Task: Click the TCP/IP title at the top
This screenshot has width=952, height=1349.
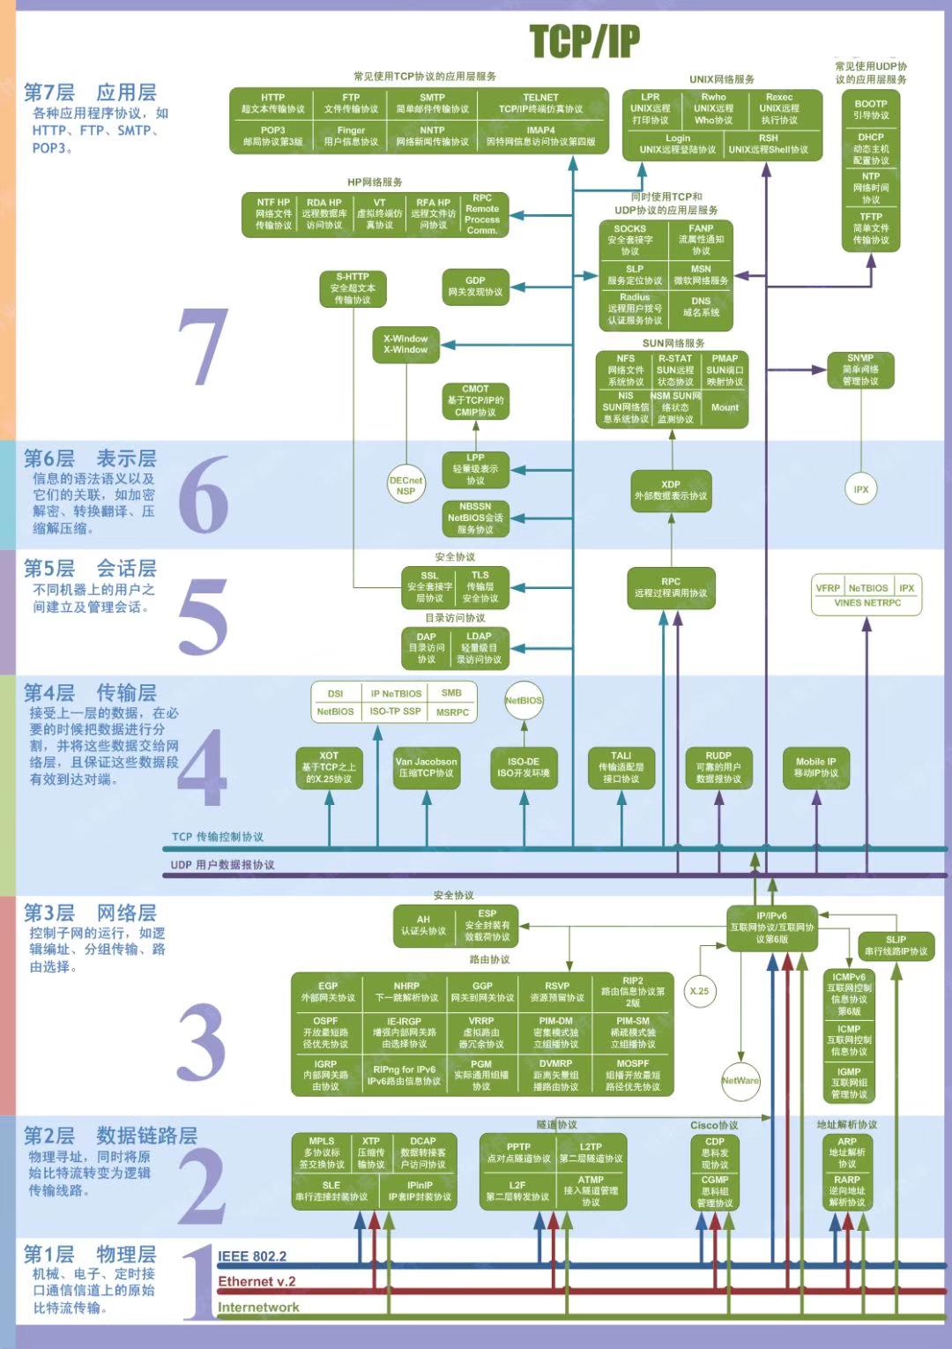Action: pyautogui.click(x=584, y=41)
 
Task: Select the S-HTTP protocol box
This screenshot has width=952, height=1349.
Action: pyautogui.click(x=352, y=288)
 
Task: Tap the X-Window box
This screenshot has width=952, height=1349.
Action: pyautogui.click(x=405, y=344)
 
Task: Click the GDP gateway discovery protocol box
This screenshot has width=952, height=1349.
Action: pyautogui.click(x=475, y=287)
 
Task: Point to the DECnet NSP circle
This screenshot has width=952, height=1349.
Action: pyautogui.click(x=405, y=486)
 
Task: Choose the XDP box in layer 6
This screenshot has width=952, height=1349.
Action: pyautogui.click(x=671, y=490)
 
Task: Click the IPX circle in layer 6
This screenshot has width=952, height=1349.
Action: pyautogui.click(x=861, y=489)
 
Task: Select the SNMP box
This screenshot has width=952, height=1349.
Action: pyautogui.click(x=860, y=369)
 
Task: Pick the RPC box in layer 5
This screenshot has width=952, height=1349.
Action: pyautogui.click(x=671, y=587)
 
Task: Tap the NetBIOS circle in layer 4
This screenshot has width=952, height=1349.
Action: pyautogui.click(x=524, y=700)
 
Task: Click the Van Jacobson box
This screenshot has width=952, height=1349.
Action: pyautogui.click(x=426, y=767)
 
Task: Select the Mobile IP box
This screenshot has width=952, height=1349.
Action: pyautogui.click(x=816, y=767)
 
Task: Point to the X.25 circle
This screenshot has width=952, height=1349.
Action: pyautogui.click(x=699, y=991)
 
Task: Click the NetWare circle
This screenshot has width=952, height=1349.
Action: pyautogui.click(x=740, y=1080)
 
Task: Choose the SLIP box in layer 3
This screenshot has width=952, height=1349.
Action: pyautogui.click(x=896, y=945)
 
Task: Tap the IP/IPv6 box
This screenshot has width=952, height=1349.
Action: pyautogui.click(x=771, y=928)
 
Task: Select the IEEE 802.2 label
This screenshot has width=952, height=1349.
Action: pyautogui.click(x=252, y=1256)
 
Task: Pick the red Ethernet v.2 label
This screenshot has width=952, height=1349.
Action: pyautogui.click(x=257, y=1281)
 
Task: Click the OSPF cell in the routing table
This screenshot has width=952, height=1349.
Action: pyautogui.click(x=325, y=1032)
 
